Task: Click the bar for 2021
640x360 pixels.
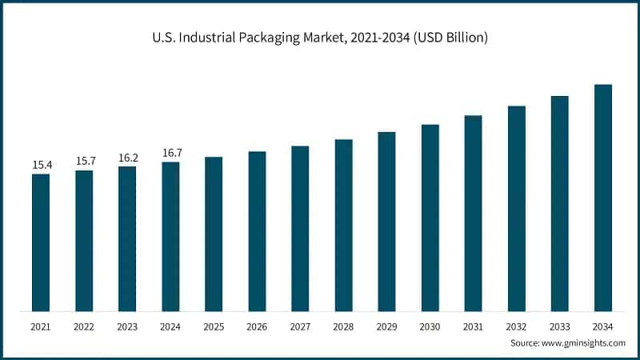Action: [41, 242]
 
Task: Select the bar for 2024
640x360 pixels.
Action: [170, 237]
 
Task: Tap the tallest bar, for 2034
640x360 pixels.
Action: [602, 198]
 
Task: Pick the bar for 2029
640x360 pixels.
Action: [386, 222]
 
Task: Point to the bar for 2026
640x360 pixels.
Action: [257, 231]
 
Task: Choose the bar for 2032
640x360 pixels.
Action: [516, 209]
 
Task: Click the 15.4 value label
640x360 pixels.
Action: [42, 165]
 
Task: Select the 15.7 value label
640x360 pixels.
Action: [85, 161]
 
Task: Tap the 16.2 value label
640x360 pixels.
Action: [128, 158]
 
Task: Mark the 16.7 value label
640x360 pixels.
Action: [171, 153]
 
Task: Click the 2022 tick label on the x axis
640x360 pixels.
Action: [84, 326]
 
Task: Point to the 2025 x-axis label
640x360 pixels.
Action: [214, 326]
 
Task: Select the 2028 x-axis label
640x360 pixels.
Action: [343, 326]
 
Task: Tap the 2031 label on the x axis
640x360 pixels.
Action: [473, 326]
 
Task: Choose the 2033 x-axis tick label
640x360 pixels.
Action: [559, 326]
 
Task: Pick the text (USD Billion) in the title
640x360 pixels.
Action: [449, 38]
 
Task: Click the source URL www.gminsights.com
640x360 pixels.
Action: [583, 342]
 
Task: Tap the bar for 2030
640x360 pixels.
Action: [430, 218]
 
